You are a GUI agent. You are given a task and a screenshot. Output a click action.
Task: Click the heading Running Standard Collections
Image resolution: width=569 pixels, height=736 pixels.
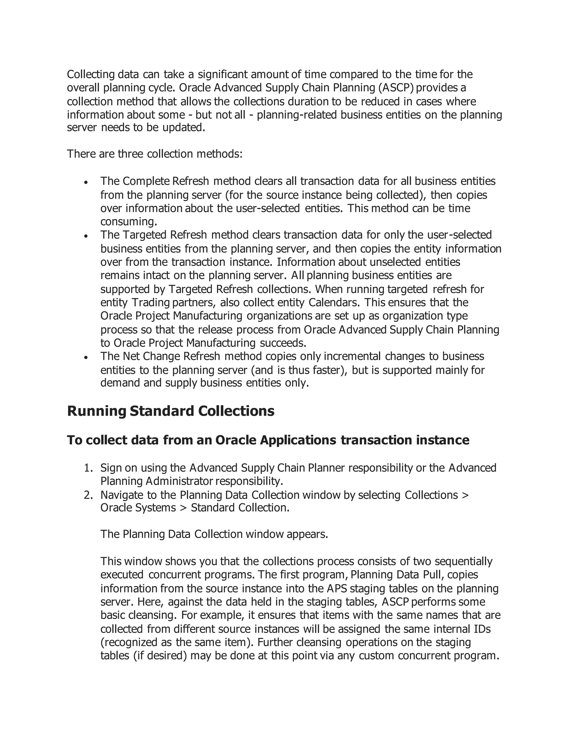point(171,411)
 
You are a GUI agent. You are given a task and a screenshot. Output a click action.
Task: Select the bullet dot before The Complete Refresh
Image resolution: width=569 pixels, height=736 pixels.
point(86,182)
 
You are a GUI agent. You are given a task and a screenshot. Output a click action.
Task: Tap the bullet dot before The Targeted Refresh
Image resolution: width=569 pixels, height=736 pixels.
point(86,236)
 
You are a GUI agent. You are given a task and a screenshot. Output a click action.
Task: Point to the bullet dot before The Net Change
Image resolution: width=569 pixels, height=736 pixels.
point(86,357)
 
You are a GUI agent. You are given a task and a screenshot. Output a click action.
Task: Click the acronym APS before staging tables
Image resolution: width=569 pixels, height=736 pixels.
point(337,589)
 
